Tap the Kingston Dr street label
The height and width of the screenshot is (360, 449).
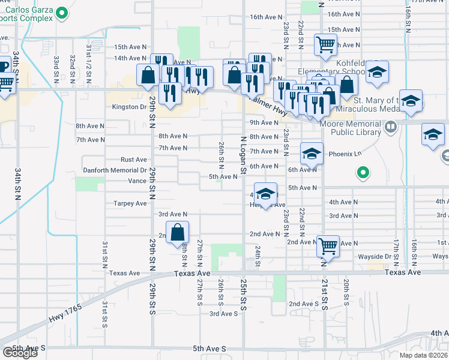(130, 107)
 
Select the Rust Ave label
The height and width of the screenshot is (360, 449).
(134, 160)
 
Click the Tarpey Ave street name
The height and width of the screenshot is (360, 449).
(130, 203)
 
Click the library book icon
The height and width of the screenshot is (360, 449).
(391, 127)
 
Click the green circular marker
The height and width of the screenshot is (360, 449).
(363, 174)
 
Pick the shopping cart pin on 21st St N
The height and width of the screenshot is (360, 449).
(328, 245)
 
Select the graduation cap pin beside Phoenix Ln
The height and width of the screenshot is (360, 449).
(312, 155)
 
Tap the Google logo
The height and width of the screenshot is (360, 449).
(20, 353)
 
